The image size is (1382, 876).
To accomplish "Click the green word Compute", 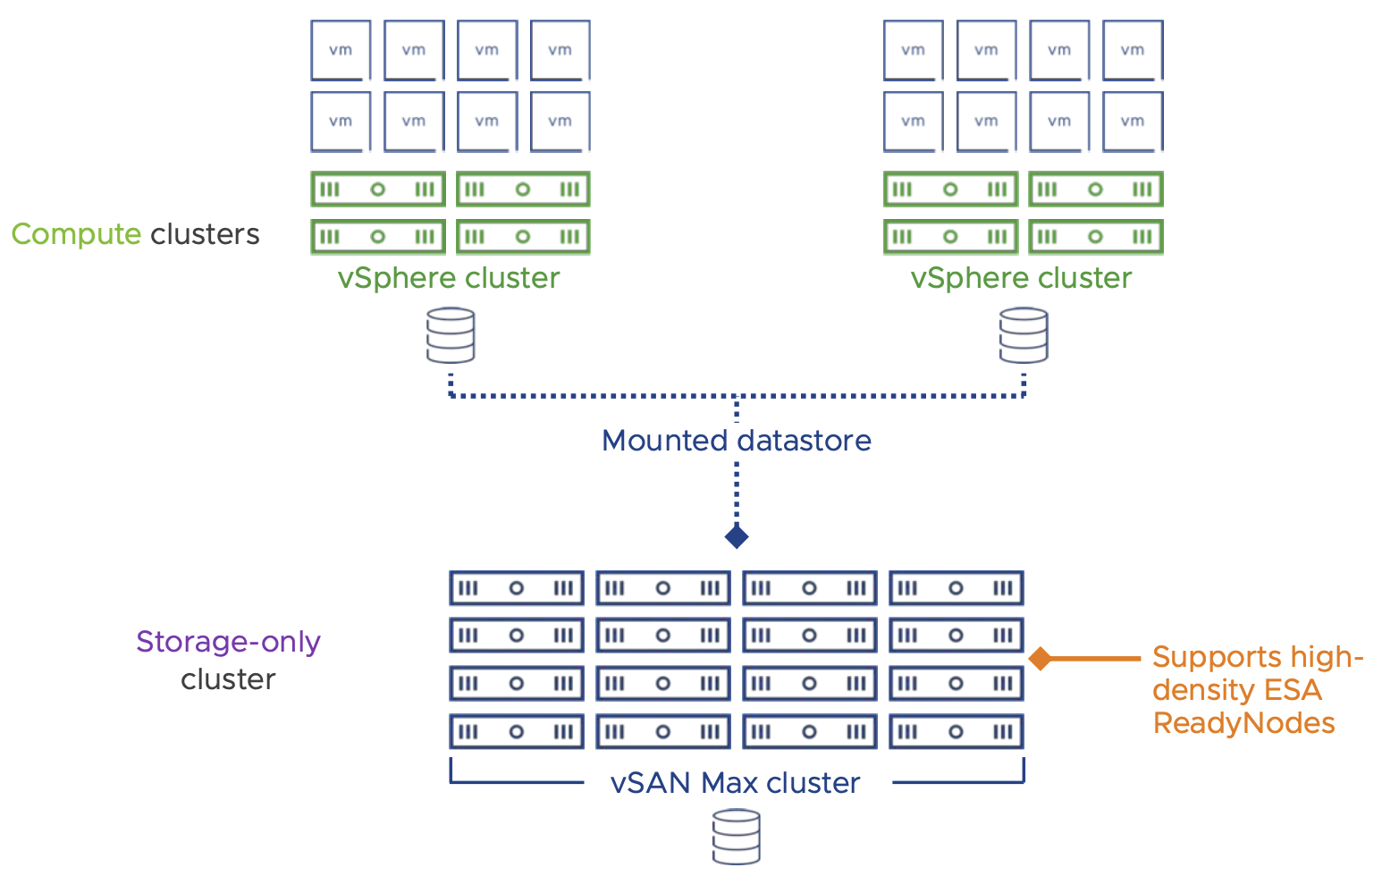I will pos(76,234).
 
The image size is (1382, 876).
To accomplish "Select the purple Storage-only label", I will pos(228,642).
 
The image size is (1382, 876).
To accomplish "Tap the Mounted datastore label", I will pos(736,441).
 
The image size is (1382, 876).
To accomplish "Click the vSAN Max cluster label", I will pos(735,783).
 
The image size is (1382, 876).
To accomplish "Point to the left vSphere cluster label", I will pos(448,278).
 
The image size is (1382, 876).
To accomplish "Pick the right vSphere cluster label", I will pos(1021,278).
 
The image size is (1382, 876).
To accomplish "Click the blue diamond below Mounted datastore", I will pos(737,536).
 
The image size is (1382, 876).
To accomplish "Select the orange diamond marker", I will pos(1040,659).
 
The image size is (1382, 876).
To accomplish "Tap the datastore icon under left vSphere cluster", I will pos(451,335).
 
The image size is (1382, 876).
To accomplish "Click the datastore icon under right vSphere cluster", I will pos(1024,335).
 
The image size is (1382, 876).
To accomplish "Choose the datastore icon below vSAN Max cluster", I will pos(737,837).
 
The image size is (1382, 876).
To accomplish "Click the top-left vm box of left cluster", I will pos(341,50).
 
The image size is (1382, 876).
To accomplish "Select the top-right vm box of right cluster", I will pos(1133,50).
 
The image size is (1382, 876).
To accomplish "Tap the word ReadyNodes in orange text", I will pos(1243,722).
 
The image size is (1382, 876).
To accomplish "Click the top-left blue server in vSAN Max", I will pos(516,588).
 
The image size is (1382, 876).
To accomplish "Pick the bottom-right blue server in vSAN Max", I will pos(956,731).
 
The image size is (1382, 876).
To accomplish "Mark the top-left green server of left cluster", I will pos(377,190).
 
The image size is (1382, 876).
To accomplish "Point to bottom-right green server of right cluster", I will pos(1095,237).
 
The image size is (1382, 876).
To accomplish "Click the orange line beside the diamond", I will pos(1095,659).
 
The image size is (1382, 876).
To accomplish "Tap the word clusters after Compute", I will pos(205,234).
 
